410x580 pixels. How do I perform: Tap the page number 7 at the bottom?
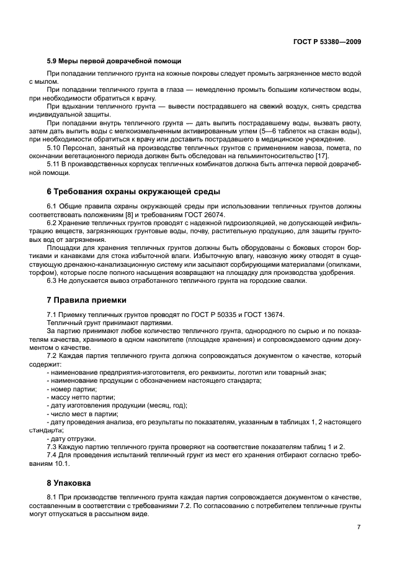pos(359,527)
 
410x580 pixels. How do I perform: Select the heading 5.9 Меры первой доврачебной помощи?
pos(114,61)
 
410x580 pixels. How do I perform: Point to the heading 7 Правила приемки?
pos(86,300)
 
